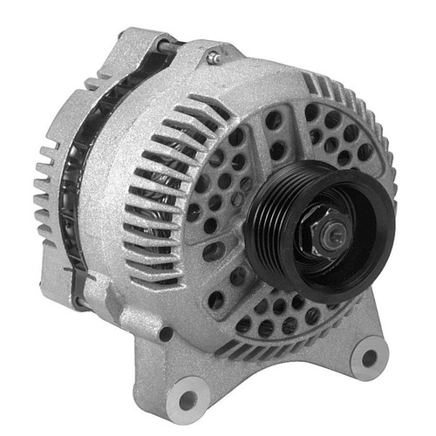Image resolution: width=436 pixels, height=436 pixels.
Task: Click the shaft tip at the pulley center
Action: point(334,231)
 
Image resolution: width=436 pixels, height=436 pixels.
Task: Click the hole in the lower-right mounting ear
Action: point(369,358)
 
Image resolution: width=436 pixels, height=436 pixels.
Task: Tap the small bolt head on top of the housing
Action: point(212,58)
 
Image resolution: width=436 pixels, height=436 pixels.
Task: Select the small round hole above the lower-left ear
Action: point(166,334)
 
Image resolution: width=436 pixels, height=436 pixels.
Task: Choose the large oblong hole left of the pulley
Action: point(214,253)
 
